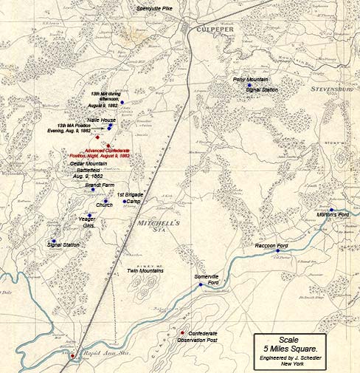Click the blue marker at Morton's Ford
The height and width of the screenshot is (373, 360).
tap(333, 210)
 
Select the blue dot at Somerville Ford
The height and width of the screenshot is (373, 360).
tap(200, 284)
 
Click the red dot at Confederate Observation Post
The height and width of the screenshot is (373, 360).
tap(181, 333)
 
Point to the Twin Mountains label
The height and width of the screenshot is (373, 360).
tap(145, 271)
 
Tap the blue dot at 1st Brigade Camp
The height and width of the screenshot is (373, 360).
tap(124, 201)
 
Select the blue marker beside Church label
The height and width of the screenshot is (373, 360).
tap(105, 200)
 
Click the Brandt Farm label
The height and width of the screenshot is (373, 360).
tap(99, 185)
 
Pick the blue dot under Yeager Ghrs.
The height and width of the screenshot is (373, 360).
tap(89, 216)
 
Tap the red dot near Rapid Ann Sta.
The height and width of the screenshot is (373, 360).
tap(72, 356)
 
